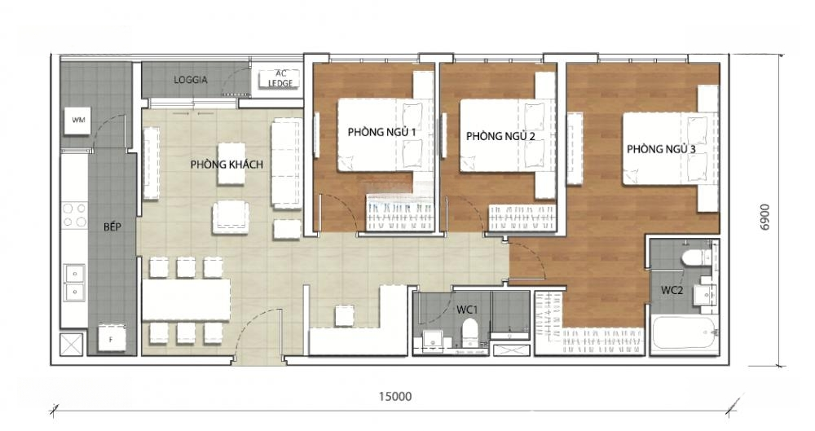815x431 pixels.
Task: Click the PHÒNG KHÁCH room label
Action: coord(227,165)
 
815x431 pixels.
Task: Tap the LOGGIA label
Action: coord(190,80)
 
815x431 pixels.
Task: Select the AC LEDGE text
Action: coord(280,78)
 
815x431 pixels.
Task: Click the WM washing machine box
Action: coord(78,121)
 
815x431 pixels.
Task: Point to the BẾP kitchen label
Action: coord(112,226)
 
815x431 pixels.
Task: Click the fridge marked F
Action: coord(111,338)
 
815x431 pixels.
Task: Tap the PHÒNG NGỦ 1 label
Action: coord(382,133)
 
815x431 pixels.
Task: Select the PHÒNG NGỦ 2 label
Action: coord(500,136)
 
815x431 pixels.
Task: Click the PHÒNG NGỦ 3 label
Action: coord(661,149)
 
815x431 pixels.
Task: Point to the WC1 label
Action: coord(467,310)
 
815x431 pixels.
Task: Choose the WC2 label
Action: coord(672,290)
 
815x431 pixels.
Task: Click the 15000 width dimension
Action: coord(395,397)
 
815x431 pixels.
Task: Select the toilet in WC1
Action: coord(469,332)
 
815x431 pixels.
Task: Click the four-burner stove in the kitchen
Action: coord(74,215)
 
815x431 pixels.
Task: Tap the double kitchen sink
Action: coord(75,284)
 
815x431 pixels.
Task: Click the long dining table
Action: coord(186,300)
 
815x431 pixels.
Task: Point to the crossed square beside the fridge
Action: coord(72,344)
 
